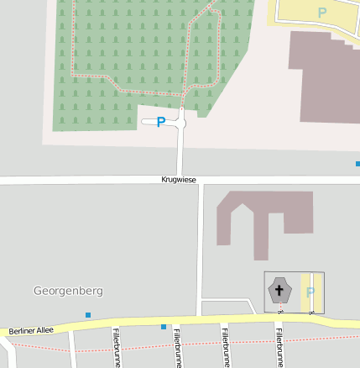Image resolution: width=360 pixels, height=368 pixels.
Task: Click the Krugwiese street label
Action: [179, 180]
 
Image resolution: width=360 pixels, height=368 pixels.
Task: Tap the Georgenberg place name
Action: [68, 291]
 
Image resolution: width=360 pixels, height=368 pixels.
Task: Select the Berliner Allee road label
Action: [32, 331]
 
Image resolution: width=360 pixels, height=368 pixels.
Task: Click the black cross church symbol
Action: [279, 291]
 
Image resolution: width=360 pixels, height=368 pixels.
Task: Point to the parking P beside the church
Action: [310, 292]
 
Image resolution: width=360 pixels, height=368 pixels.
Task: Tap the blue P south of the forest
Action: [161, 123]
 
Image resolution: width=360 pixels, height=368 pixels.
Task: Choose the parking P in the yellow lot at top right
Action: [321, 13]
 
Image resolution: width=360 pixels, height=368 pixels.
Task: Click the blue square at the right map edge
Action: [357, 164]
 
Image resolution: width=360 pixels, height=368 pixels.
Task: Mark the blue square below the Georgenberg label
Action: [88, 315]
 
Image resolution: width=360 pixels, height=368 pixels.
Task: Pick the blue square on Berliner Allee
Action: [164, 326]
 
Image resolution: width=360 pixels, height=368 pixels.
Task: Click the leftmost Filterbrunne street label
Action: [116, 348]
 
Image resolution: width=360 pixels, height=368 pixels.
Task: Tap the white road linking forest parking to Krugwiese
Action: [180, 151]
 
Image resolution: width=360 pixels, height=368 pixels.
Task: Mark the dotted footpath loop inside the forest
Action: [74, 50]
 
